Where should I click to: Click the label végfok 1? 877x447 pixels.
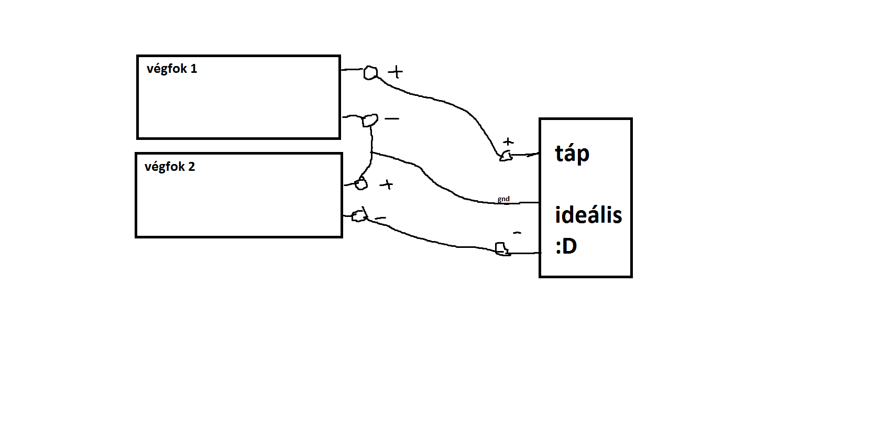coord(172,69)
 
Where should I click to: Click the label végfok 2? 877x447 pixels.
coord(170,167)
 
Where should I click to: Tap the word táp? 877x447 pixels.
coord(572,154)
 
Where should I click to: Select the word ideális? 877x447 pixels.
coord(588,215)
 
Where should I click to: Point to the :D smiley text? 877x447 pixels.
coord(566,246)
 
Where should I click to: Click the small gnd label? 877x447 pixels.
coord(503,199)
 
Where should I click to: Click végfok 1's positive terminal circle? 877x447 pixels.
coord(370,73)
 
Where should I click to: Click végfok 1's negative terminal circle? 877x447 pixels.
coord(370,121)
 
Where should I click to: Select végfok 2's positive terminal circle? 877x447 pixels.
coord(360,184)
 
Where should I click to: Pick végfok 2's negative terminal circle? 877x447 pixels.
coord(359,216)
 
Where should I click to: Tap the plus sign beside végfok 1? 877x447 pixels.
coord(396,72)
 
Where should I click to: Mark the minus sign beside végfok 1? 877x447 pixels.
coord(392,119)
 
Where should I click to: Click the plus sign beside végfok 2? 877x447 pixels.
coord(387,184)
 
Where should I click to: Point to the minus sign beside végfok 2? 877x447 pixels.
coord(381,218)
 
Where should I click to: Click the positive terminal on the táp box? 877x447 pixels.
coord(506,156)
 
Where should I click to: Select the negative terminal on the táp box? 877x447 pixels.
coord(502,248)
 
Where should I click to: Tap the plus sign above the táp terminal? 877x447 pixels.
coord(508,141)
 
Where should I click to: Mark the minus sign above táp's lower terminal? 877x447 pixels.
coord(517,233)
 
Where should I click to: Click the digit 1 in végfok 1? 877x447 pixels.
coord(194,69)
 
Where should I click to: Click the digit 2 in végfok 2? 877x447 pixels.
coord(191,167)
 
